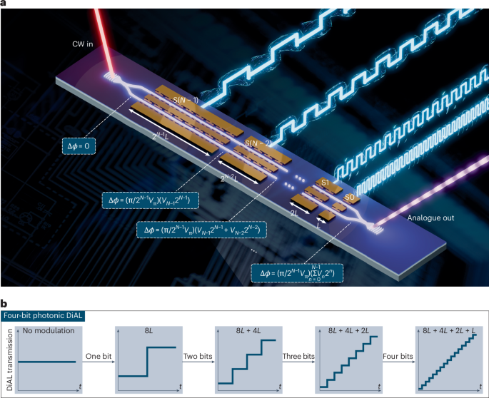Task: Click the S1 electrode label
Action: [326, 184]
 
